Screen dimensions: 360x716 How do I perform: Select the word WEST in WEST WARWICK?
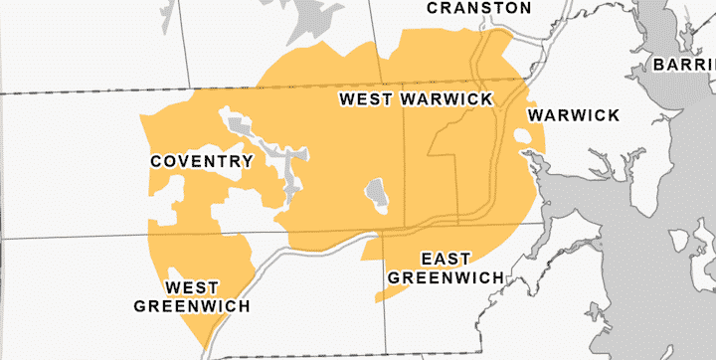[x=367, y=99]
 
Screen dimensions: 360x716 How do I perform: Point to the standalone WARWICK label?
[x=574, y=115]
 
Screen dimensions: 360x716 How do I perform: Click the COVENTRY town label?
[x=201, y=161]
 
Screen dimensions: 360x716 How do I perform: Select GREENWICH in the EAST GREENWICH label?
[x=446, y=276]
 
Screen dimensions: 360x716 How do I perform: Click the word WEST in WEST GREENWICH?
[x=192, y=287]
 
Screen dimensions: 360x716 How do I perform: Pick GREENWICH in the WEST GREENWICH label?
[x=193, y=305]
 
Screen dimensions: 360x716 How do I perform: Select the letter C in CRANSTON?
[x=433, y=8]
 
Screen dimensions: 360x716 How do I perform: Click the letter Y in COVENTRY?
[x=247, y=161]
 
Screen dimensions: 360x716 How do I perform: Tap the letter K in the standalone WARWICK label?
[x=613, y=115]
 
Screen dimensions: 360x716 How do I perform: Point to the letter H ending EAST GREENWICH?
[x=496, y=276]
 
